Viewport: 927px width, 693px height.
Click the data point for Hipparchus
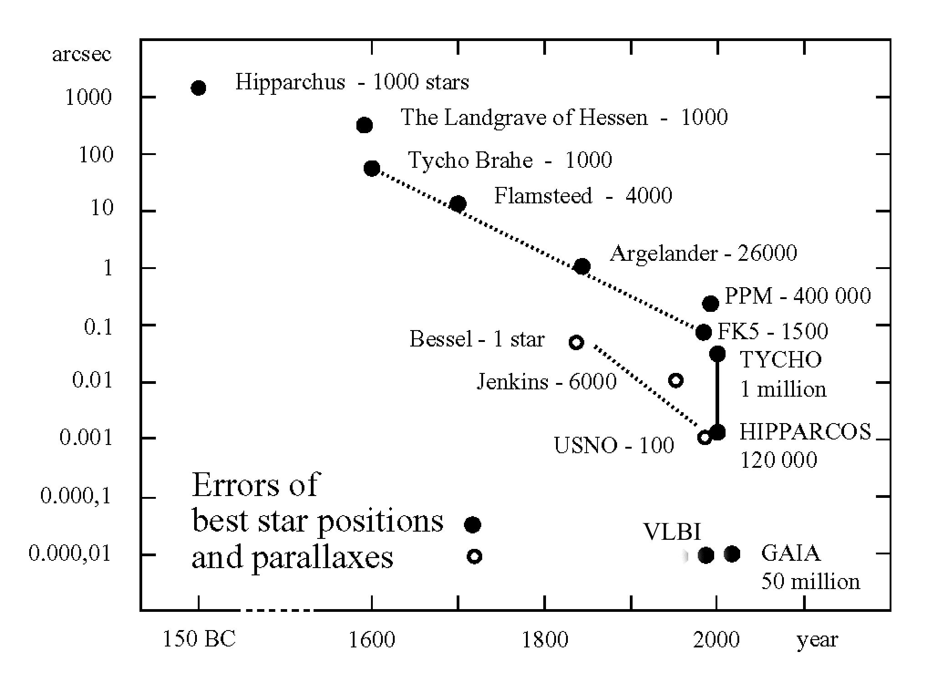click(x=198, y=88)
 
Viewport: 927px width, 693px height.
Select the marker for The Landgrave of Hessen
click(x=364, y=125)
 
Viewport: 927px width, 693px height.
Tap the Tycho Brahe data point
click(x=372, y=168)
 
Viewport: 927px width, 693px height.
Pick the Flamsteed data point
click(x=458, y=204)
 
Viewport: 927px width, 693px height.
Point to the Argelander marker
click(x=582, y=266)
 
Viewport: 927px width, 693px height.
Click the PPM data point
click(x=711, y=303)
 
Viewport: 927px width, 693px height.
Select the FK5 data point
click(x=704, y=332)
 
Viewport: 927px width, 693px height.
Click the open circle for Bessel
click(x=577, y=342)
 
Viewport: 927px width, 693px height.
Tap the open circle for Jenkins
click(x=676, y=380)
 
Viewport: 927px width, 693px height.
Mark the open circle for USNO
click(x=705, y=437)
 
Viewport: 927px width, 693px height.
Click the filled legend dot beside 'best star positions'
click(x=473, y=525)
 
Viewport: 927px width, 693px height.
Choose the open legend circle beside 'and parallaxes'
click(x=474, y=556)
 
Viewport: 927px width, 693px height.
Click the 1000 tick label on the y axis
click(x=88, y=97)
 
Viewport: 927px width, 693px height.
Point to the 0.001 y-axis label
click(x=86, y=438)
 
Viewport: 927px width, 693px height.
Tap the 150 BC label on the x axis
click(x=199, y=639)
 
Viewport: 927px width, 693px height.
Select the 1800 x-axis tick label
click(x=545, y=639)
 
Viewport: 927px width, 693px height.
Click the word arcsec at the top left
click(x=82, y=54)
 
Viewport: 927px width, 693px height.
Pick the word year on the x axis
click(x=817, y=640)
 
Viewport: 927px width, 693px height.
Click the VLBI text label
click(x=672, y=532)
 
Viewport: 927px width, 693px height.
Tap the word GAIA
click(x=791, y=553)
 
